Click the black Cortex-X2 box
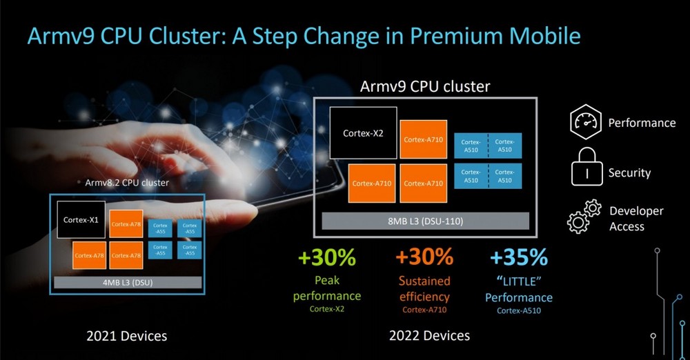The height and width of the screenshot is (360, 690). point(363,132)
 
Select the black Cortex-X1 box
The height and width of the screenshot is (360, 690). point(81,219)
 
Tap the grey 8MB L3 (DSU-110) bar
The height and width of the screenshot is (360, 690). point(425,221)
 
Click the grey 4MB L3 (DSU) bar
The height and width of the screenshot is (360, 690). point(128,283)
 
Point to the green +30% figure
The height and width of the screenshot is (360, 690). point(326,257)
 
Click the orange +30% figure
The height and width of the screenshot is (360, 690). point(424,257)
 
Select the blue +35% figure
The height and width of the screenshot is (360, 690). point(519,257)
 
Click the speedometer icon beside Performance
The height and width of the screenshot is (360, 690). point(585,122)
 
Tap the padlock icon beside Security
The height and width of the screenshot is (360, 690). point(586,167)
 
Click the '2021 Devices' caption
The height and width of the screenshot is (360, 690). point(127,337)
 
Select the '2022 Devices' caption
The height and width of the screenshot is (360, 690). point(429,336)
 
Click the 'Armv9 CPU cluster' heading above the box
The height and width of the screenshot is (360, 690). point(425,86)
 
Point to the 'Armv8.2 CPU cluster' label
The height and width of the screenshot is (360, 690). point(127,183)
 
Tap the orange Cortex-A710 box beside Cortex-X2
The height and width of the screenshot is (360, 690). point(424,139)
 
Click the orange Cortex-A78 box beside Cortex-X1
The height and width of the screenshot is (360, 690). point(126,224)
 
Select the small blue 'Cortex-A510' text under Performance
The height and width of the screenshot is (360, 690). point(519,311)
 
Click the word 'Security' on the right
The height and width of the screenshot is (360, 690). point(629,173)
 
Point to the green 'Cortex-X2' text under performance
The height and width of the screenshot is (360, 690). point(327,309)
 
